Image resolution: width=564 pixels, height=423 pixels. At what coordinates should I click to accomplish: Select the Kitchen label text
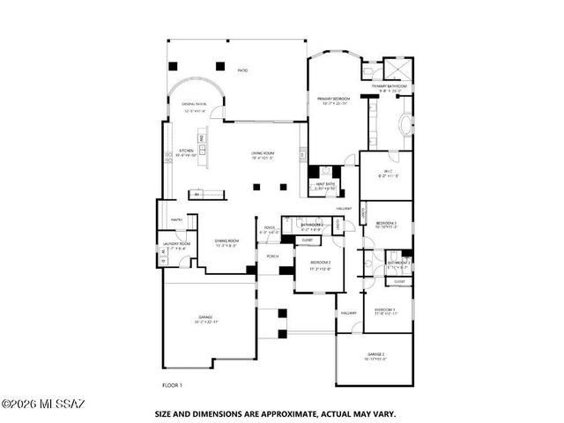tap(186, 152)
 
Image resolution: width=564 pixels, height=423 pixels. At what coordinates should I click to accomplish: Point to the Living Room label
tap(263, 152)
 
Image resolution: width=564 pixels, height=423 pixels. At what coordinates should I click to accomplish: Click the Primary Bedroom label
tap(334, 100)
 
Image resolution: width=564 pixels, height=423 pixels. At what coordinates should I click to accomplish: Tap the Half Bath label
tap(323, 185)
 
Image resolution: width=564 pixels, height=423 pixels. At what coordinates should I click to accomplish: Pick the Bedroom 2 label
tap(319, 263)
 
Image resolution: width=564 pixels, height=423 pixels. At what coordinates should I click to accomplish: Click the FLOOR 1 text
tap(173, 385)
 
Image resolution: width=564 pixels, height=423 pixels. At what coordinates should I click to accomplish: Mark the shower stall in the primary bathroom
tap(398, 69)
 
